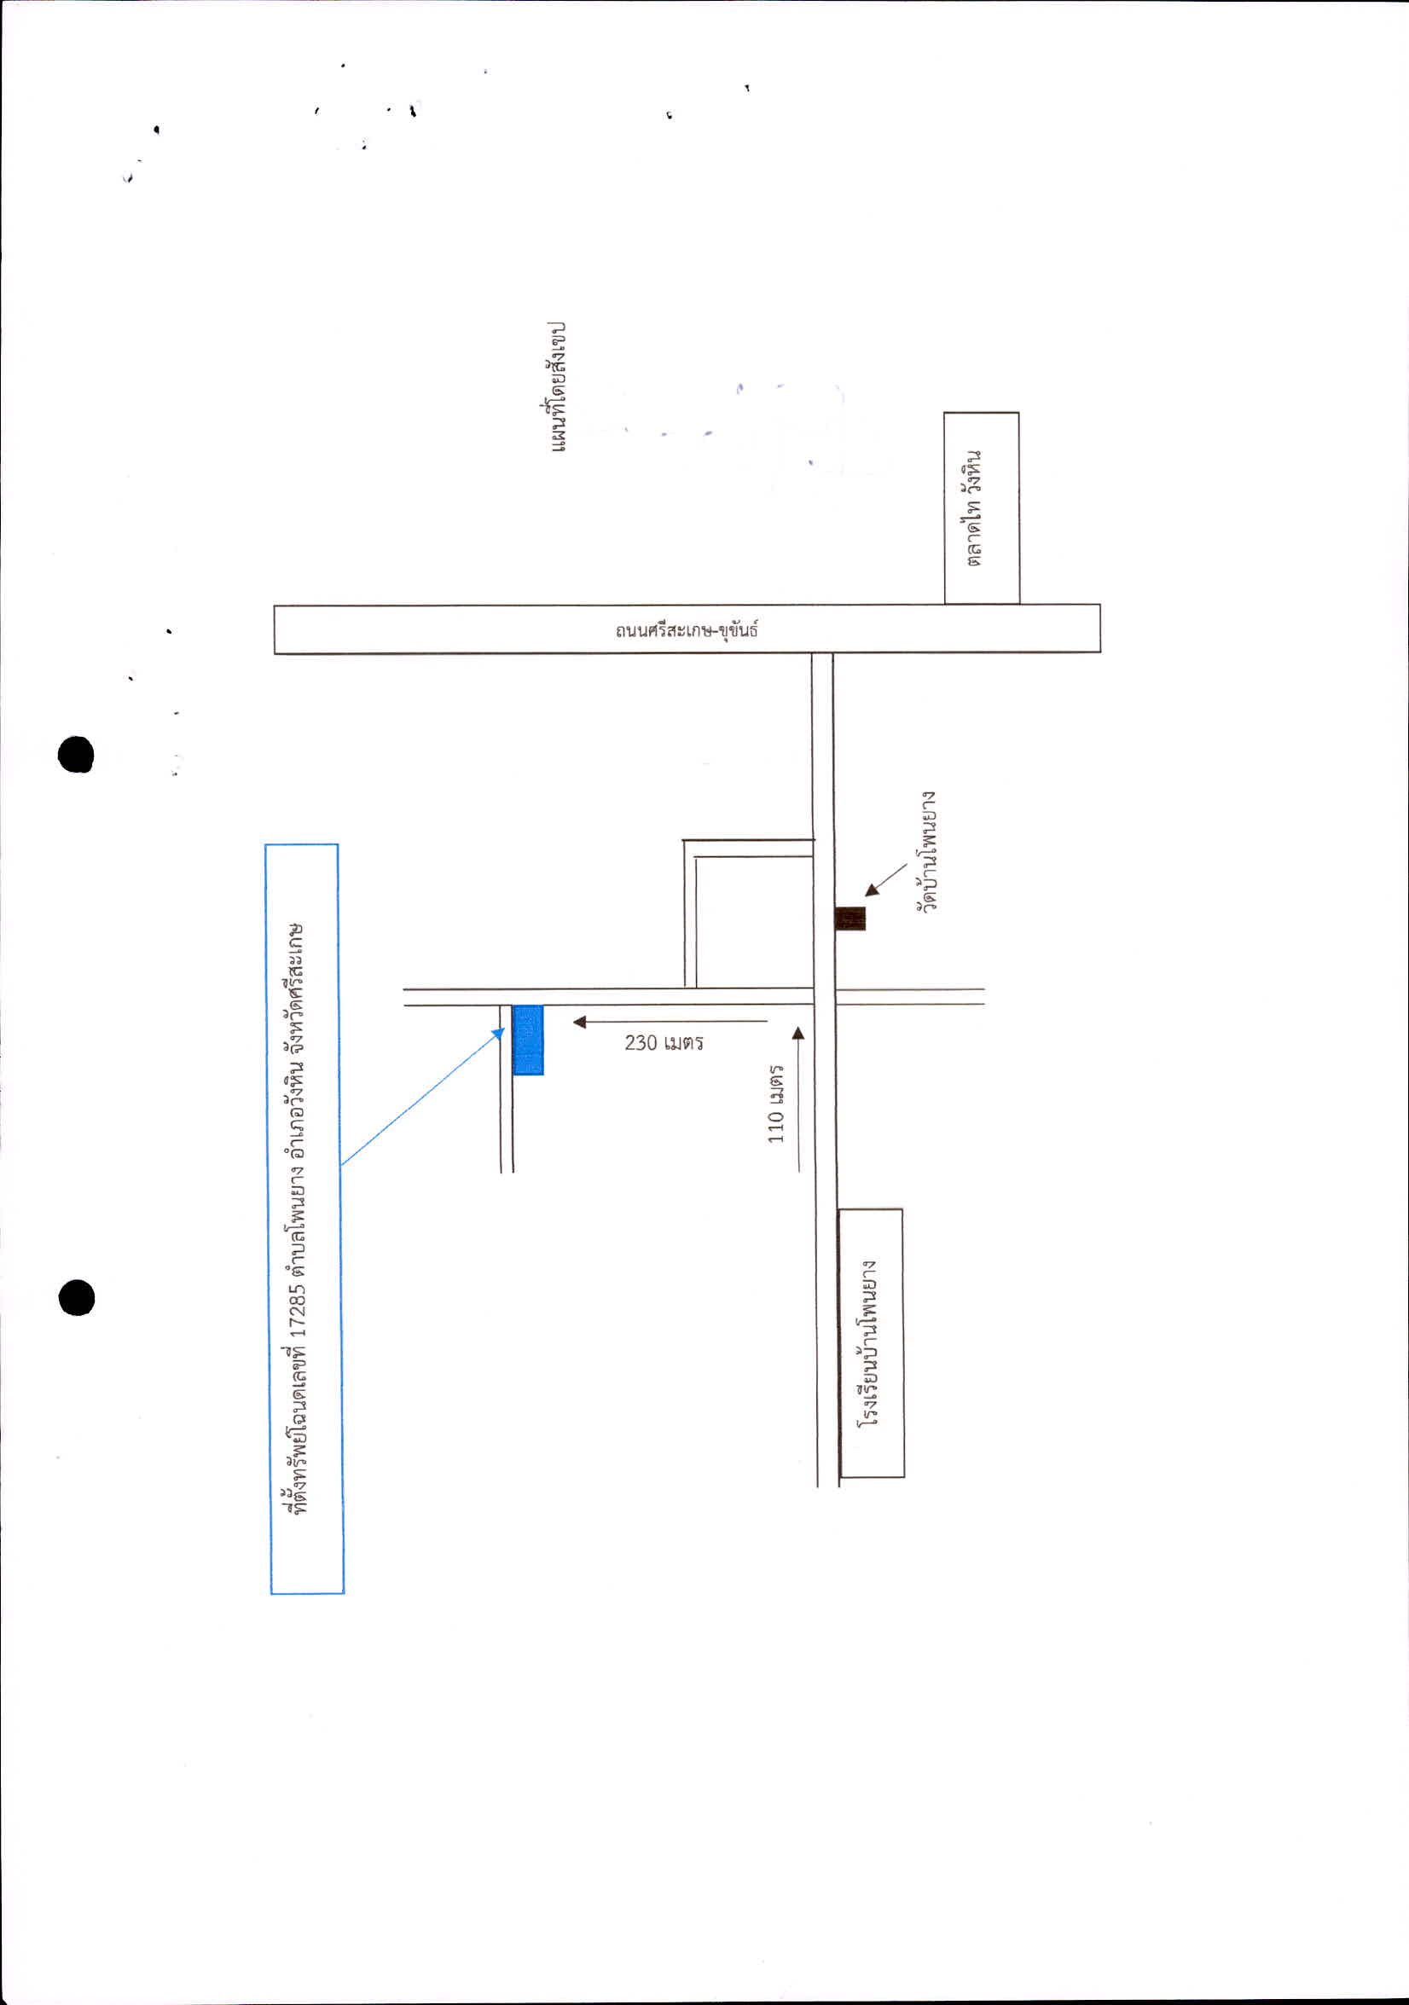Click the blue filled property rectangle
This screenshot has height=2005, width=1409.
pyautogui.click(x=528, y=1040)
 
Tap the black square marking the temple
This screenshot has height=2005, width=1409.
pyautogui.click(x=850, y=918)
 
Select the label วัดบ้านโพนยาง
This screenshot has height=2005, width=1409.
pyautogui.click(x=926, y=851)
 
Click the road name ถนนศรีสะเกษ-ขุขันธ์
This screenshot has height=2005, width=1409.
pyautogui.click(x=687, y=629)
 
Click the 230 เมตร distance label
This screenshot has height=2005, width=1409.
pyautogui.click(x=664, y=1042)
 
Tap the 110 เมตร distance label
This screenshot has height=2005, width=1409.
pyautogui.click(x=775, y=1104)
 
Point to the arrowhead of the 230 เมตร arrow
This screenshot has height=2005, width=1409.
pyautogui.click(x=579, y=1022)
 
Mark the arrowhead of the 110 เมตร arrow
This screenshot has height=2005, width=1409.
pyautogui.click(x=797, y=1034)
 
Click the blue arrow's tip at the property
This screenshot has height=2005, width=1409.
pyautogui.click(x=504, y=1029)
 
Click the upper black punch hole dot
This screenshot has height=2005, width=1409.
pyautogui.click(x=76, y=755)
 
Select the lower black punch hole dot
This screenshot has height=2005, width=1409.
pyautogui.click(x=77, y=1297)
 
